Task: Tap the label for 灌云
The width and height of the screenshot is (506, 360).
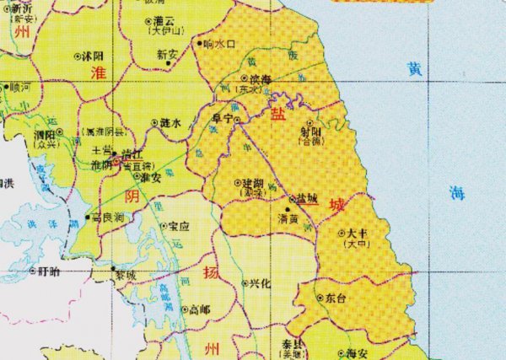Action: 164,19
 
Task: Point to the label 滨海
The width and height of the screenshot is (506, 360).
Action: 259,78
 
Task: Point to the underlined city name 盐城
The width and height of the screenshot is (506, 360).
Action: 307,200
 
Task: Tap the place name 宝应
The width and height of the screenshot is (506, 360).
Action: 177,226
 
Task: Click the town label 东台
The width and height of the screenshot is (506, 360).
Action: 336,298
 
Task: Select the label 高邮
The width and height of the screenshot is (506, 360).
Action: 200,309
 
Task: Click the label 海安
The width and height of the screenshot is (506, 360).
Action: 357,353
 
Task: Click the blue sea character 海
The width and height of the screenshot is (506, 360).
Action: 456,191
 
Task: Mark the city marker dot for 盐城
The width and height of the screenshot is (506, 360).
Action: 292,200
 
